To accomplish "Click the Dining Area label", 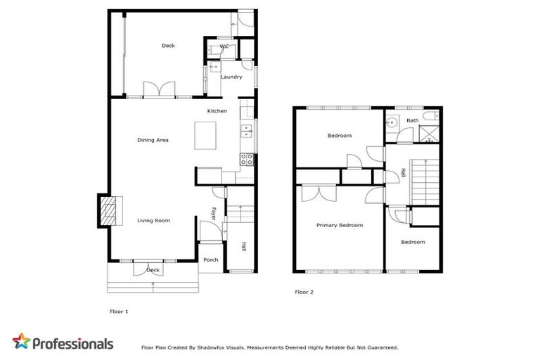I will point(153,140).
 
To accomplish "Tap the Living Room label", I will point(153,221).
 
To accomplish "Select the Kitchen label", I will point(217,112).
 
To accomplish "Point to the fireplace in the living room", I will point(105,210).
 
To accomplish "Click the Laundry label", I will point(231,77).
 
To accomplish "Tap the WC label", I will point(224,46).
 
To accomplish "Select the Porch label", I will point(210,259).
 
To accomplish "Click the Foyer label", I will point(214,212).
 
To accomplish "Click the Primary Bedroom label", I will point(339,225).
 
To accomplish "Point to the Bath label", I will point(412,120).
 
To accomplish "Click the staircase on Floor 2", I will point(425,179).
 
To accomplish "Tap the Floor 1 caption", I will point(119,311).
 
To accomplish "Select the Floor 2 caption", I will point(303,291).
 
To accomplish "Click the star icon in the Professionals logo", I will point(22,342).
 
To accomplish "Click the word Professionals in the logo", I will point(72,344).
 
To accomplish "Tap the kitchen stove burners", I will point(246,158).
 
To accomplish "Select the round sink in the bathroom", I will point(392,122).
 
